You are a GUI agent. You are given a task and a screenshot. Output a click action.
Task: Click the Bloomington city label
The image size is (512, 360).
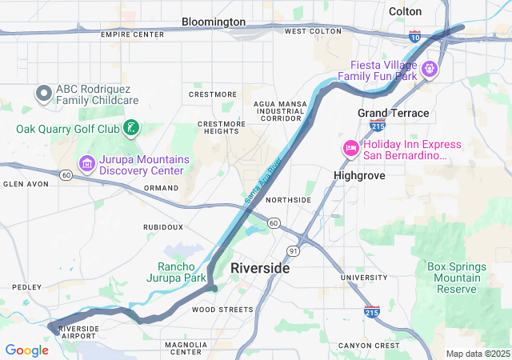(214, 22)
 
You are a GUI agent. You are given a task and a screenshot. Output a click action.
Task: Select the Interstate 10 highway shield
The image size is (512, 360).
(414, 37)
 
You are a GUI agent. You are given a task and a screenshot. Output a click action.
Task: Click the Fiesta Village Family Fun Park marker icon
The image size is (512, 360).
(430, 69)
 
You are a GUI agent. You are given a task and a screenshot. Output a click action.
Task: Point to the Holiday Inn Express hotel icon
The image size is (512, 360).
(350, 149)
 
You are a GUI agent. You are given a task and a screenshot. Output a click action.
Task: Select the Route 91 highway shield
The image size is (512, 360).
(294, 251)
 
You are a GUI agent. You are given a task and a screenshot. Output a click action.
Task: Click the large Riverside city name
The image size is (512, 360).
(260, 268)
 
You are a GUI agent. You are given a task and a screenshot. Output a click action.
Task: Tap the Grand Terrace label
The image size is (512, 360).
(393, 113)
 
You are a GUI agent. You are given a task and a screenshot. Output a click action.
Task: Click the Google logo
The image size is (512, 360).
(26, 350)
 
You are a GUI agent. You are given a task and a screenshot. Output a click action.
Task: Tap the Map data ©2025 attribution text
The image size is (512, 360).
(477, 354)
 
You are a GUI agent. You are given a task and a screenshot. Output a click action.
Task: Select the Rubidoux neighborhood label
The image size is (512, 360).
(162, 227)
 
